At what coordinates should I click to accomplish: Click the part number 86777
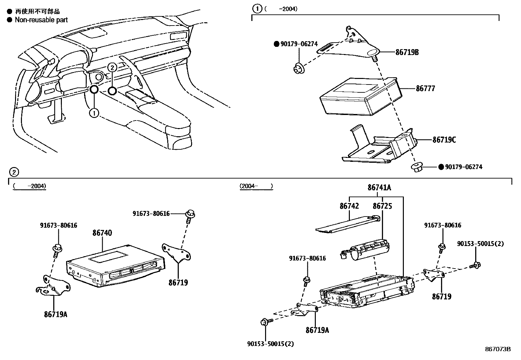[x=425, y=88]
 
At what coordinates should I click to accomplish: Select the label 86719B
[x=407, y=52]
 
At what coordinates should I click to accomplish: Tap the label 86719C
[x=444, y=140]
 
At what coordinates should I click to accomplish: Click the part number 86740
[x=102, y=233]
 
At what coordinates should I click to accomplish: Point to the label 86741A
[x=379, y=187]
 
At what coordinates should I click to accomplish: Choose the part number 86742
[x=349, y=206]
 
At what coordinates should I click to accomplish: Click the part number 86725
[x=383, y=206]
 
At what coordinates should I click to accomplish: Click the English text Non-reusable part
[x=41, y=20]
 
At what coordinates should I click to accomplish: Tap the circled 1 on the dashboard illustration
[x=94, y=113]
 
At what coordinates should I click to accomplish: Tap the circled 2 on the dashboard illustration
[x=112, y=67]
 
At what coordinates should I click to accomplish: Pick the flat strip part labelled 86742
[x=347, y=225]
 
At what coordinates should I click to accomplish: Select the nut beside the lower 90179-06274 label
[x=417, y=167]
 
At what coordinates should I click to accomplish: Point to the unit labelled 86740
[x=115, y=265]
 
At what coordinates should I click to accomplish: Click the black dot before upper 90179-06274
[x=276, y=44]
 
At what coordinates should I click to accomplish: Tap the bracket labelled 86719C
[x=376, y=147]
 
